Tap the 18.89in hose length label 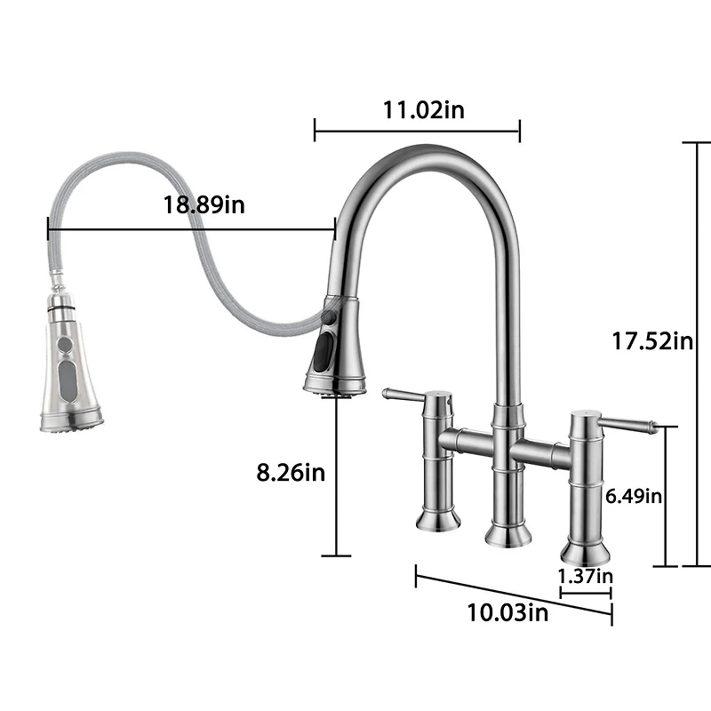[204, 204]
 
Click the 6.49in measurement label [634, 496]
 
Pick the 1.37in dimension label [585, 575]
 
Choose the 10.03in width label [507, 612]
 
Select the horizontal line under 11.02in [417, 132]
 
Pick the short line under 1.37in [585, 591]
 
